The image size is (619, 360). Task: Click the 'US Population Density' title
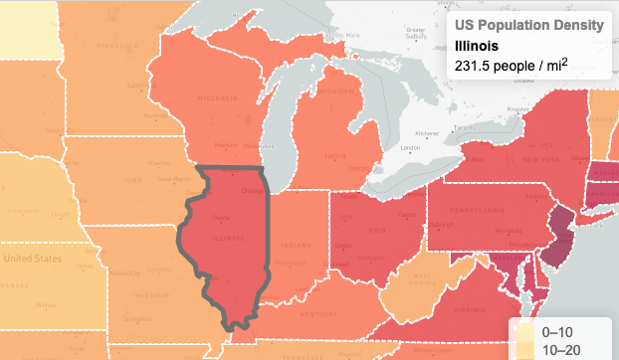(527, 25)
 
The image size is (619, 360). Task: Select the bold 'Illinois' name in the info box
(477, 46)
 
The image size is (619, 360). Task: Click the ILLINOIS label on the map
(228, 239)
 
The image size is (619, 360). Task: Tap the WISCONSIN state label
(216, 98)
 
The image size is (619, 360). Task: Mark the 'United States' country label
(32, 259)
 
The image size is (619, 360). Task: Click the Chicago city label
(253, 190)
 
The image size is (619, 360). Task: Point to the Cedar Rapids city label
(175, 179)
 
